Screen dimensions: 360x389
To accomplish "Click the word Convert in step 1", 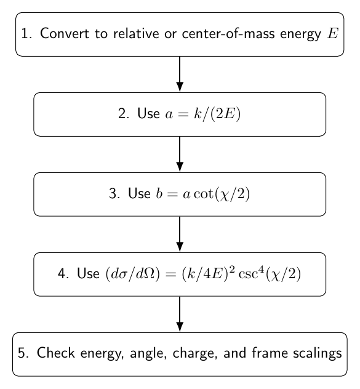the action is point(64,33).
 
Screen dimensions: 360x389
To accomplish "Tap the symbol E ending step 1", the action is point(333,33).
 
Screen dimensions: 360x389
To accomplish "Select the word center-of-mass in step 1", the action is point(228,33).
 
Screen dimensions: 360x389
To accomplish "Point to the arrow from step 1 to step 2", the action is point(180,74).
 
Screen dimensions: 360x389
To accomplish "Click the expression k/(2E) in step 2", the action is point(217,114).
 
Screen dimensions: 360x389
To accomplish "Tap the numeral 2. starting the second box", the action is point(123,114).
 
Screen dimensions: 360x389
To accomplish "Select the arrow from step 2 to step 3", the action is point(180,154).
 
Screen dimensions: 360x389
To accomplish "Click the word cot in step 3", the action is point(203,194).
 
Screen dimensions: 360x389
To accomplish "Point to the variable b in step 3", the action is point(159,193).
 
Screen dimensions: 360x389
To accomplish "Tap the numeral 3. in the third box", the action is point(114,194).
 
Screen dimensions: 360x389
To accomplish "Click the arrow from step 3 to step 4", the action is point(180,234).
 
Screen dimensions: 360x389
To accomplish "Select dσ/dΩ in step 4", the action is point(133,274).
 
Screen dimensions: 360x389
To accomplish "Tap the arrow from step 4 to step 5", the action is point(180,314).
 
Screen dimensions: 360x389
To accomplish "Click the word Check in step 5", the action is point(56,353).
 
